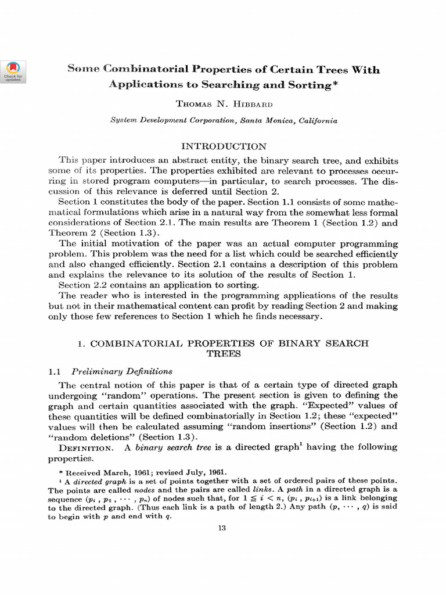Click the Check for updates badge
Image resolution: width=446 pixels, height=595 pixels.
(x=13, y=71)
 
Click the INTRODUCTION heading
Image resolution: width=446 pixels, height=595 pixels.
(x=224, y=146)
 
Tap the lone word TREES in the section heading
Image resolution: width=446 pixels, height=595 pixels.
(x=224, y=353)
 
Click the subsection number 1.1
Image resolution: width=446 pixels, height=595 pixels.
(x=54, y=371)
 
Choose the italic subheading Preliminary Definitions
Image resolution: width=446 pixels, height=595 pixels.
(x=123, y=371)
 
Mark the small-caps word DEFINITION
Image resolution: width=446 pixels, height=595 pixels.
(x=88, y=447)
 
